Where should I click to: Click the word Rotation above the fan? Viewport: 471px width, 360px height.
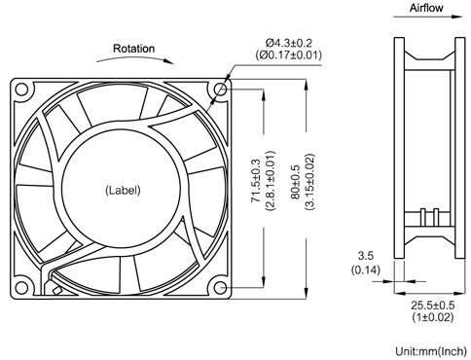pos(133,48)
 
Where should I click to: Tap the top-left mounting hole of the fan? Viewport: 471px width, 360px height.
pos(24,90)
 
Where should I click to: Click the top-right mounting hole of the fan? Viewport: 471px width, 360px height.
pos(222,90)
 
